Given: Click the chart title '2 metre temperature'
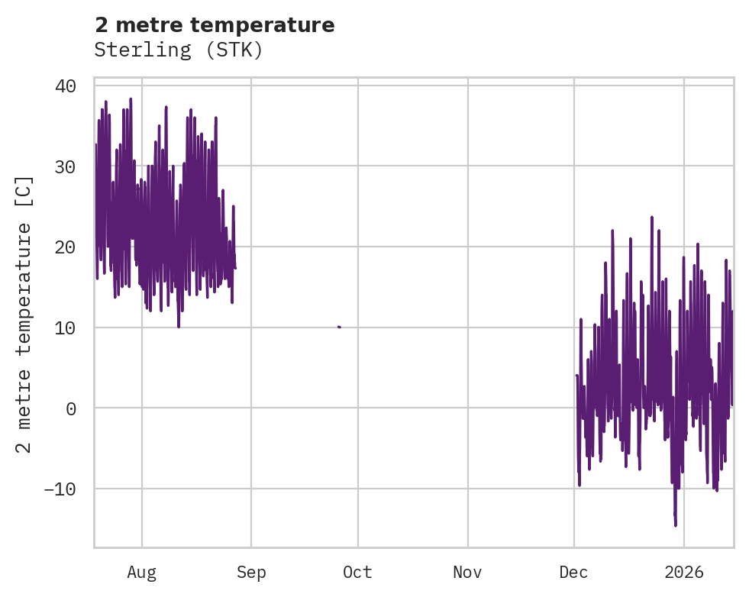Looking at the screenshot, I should pos(215,25).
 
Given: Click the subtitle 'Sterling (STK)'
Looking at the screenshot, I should pos(179,50).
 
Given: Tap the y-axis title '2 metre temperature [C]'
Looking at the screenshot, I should pos(25,315).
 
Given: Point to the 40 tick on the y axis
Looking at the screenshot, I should pos(66,86).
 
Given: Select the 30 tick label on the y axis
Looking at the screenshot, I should pos(66,166).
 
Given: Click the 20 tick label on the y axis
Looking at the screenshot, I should pos(66,247).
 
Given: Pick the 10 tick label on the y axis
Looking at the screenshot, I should pos(66,328).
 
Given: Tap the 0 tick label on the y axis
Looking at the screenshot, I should pos(71,408).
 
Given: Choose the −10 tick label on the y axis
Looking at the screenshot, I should pos(60,489).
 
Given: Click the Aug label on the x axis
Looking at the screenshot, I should pos(142,572).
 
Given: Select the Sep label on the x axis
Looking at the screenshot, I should pos(251,572).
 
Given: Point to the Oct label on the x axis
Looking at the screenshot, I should pos(357,572).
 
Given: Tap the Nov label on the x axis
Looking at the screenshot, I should pos(467,572).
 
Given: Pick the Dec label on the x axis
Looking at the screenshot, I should pos(574,572).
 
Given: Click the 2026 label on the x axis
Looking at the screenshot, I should pos(684,572).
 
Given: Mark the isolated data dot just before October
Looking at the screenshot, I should pos(339,327).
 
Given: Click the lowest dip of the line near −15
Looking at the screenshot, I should pos(676,524).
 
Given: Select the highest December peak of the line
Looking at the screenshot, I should pos(652,217).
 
